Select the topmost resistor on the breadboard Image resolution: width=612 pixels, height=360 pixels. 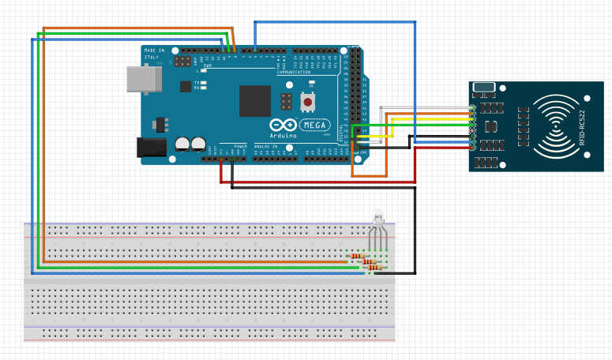coord(356,256)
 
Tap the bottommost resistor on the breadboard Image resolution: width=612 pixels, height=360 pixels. coord(375,268)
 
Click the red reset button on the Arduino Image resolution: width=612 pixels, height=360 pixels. coord(307,103)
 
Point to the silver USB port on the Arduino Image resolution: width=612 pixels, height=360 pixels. coord(143,79)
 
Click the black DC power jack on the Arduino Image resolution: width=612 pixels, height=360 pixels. coord(152,147)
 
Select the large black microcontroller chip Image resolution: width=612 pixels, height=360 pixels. coord(255,100)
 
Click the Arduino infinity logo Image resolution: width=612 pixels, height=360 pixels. coord(283,126)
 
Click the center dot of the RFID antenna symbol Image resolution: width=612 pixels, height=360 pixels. coord(557,126)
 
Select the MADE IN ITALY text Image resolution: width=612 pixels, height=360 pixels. coord(156,54)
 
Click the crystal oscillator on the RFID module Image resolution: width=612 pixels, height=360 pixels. coord(483,87)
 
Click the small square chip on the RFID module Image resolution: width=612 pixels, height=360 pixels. coord(491,126)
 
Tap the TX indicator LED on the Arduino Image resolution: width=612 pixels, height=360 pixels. coord(204,82)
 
